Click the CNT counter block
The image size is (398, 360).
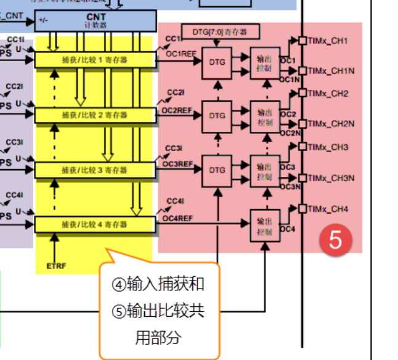[x=95, y=20]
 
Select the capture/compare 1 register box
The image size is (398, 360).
[x=94, y=60]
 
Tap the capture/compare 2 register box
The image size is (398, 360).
[x=94, y=115]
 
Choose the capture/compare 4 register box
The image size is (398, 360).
[x=94, y=224]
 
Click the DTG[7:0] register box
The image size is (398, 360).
[x=224, y=31]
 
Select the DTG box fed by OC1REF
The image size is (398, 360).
[x=217, y=62]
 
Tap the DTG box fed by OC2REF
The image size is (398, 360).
[x=217, y=115]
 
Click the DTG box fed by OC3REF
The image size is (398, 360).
[x=217, y=170]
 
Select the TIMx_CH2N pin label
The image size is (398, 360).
[x=331, y=124]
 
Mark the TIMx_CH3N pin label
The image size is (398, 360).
[x=331, y=178]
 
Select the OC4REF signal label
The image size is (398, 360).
[x=177, y=218]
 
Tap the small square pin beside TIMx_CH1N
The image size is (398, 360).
[x=303, y=71]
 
